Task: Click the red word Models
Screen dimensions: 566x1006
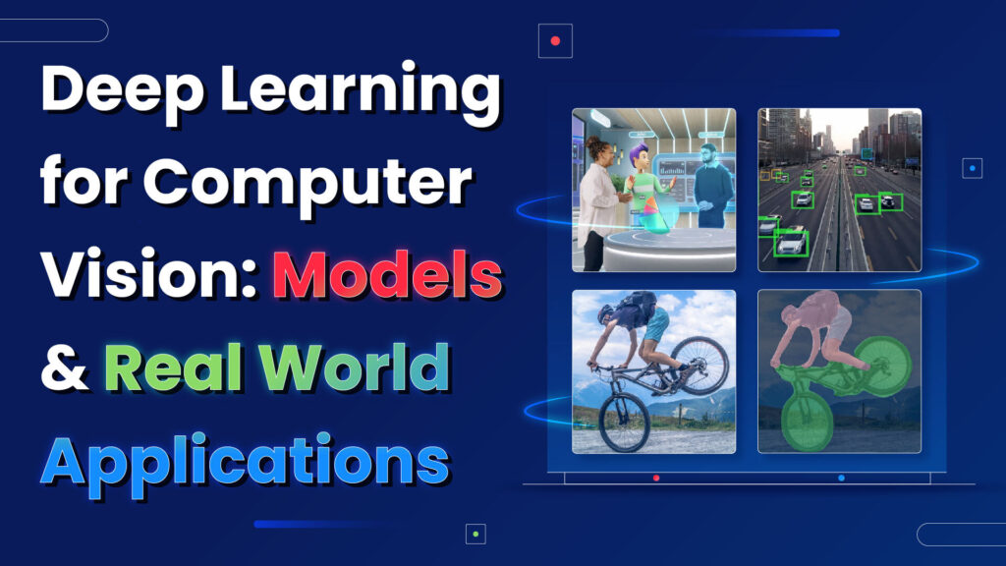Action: point(387,267)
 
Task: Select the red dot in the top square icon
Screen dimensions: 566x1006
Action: point(555,41)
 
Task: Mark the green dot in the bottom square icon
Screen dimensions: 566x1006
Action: point(475,534)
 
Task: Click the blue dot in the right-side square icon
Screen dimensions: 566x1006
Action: point(972,168)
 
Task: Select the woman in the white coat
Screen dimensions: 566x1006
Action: point(596,201)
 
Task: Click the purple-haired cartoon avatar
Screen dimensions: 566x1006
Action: point(643,187)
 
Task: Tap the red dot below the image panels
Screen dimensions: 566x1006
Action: point(656,478)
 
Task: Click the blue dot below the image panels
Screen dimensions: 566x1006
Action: point(842,478)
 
